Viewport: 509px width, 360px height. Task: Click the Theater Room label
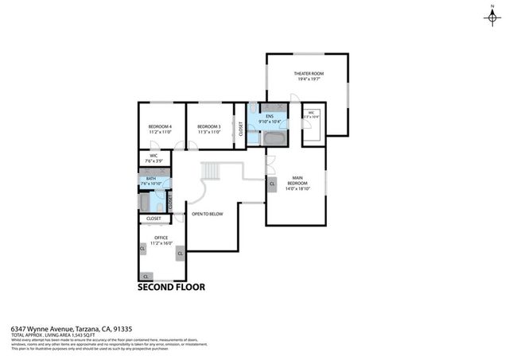click(x=306, y=74)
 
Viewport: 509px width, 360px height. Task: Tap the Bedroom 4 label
click(x=160, y=126)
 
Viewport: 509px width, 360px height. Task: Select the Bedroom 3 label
click(x=208, y=126)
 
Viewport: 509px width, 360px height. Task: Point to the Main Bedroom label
click(x=297, y=180)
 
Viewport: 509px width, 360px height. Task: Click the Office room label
click(x=161, y=237)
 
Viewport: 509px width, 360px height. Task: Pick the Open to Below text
click(x=207, y=214)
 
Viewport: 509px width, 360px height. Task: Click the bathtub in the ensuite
click(x=274, y=138)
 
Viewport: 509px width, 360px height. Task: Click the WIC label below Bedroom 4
click(x=150, y=156)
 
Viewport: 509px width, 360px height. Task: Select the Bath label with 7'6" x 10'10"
click(x=150, y=180)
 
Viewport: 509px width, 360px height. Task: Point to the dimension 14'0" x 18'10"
click(x=297, y=189)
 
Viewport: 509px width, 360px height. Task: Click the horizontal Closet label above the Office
click(x=153, y=218)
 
